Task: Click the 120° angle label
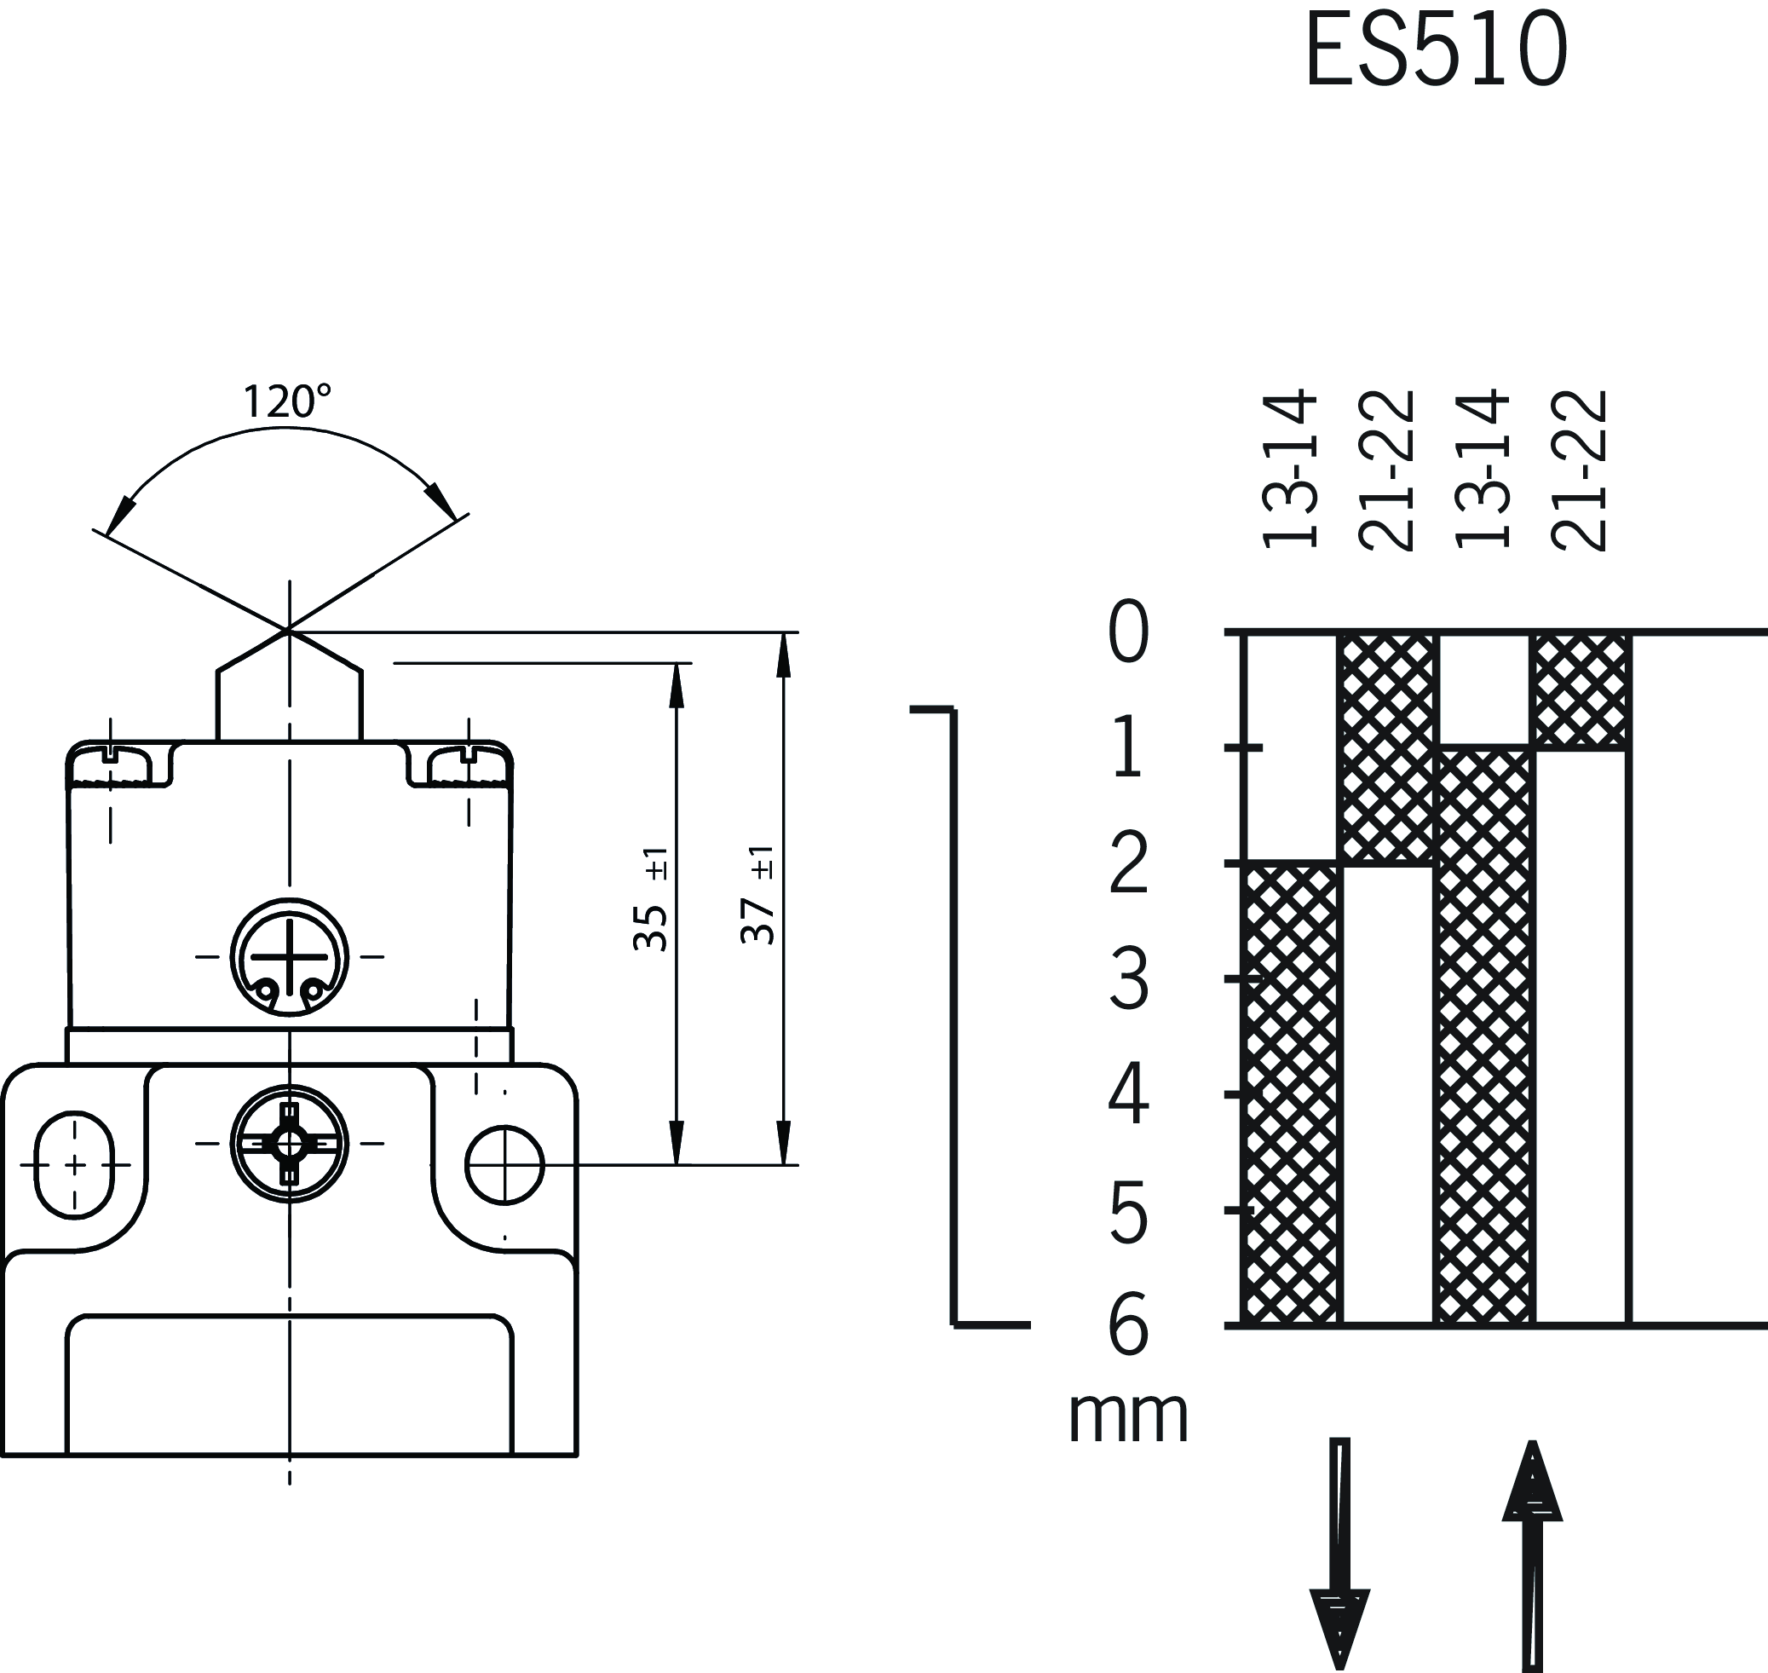click(x=286, y=401)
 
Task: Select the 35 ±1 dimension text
click(x=652, y=900)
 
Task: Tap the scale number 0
click(x=1128, y=632)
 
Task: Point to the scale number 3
click(x=1128, y=980)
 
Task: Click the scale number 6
click(x=1128, y=1326)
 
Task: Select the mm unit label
click(x=1128, y=1416)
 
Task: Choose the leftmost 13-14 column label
click(x=1289, y=468)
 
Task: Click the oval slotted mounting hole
click(x=75, y=1165)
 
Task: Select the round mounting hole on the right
click(x=504, y=1164)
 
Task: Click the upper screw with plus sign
click(x=289, y=957)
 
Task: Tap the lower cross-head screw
click(x=289, y=1143)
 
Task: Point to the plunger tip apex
click(x=288, y=632)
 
